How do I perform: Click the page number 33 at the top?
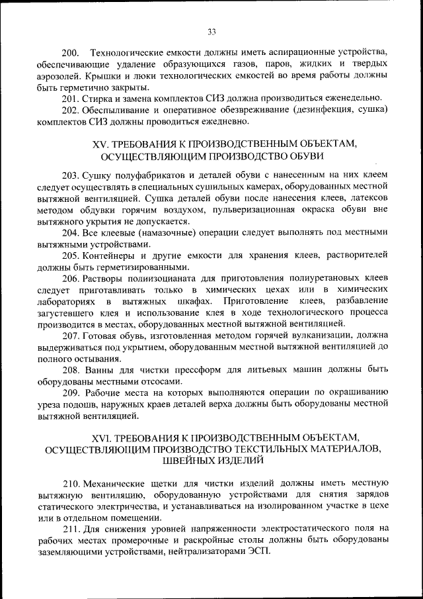(x=211, y=31)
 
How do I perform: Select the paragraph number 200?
(x=70, y=52)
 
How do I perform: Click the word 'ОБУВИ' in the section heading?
(x=306, y=156)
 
